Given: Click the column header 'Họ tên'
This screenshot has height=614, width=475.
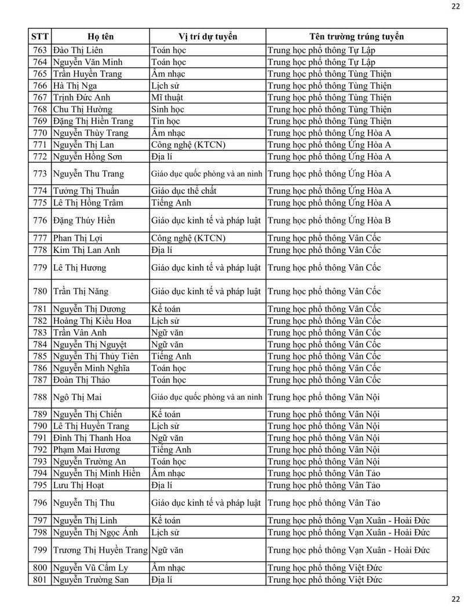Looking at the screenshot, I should [100, 36].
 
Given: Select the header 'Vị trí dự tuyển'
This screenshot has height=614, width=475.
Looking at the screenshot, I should [208, 36].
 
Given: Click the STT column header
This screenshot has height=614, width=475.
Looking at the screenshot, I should [39, 36].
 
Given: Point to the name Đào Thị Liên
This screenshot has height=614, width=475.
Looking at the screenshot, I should [78, 50].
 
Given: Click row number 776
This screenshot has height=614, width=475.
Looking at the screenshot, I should [40, 220].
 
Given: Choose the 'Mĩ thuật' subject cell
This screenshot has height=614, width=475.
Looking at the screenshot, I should [167, 97].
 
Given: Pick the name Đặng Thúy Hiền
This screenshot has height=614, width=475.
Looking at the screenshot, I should [84, 220].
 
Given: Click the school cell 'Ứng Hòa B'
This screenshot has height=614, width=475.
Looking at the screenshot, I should [329, 220].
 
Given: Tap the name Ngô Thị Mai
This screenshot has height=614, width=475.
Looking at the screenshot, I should [77, 397].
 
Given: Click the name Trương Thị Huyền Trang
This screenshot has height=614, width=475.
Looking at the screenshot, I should [100, 550].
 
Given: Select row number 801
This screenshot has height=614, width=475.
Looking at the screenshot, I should [40, 580].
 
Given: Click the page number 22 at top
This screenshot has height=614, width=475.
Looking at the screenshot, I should [455, 6].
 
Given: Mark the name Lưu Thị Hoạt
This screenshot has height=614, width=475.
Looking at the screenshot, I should [79, 486].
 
